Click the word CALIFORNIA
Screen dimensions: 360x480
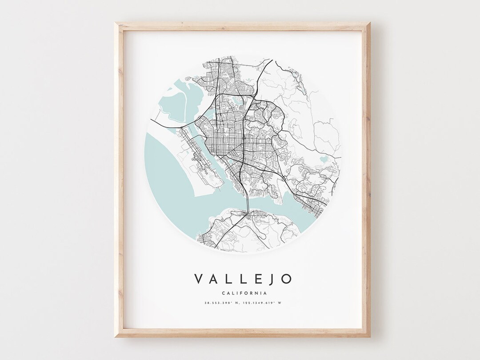coord(243,293)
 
